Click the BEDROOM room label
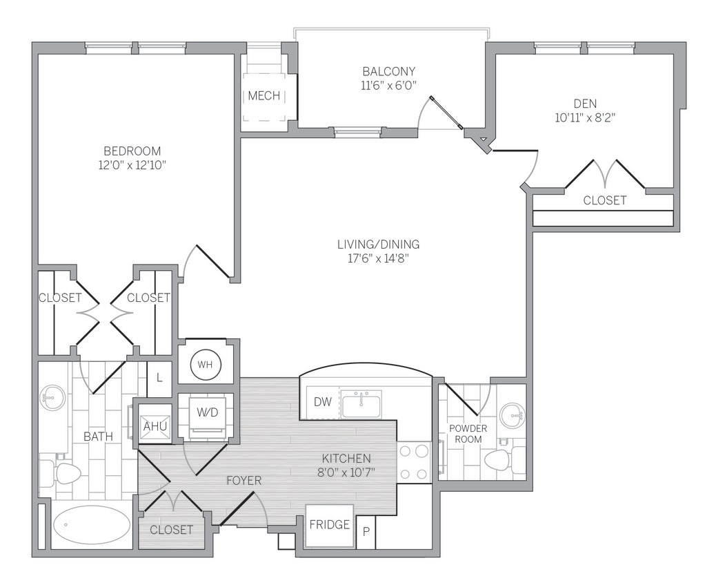coord(132,151)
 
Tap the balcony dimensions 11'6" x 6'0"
coord(389,85)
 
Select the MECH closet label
coord(264,95)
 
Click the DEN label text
coord(584,104)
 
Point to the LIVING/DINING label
coord(378,244)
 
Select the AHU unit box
coord(154,427)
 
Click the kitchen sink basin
coord(361,405)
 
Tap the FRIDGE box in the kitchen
coord(329,524)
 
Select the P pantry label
coord(366,532)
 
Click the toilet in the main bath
coord(63,472)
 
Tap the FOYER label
coord(244,479)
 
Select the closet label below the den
coord(604,200)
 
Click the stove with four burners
coord(414,461)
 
